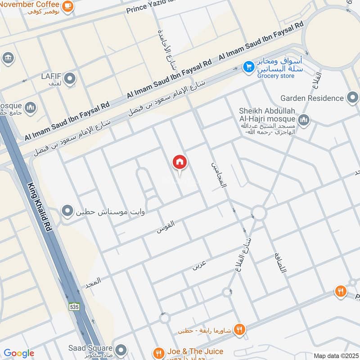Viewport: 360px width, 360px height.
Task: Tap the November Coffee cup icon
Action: tap(68, 6)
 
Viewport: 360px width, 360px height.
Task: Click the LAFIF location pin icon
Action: tap(69, 79)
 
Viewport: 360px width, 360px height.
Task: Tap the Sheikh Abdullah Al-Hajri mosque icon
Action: tap(304, 119)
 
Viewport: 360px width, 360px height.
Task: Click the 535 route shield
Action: tap(74, 306)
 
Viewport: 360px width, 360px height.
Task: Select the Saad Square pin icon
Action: tap(120, 350)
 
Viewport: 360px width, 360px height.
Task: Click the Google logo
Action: tap(19, 353)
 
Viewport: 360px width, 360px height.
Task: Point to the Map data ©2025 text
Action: tap(336, 355)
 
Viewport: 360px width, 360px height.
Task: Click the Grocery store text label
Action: tap(276, 76)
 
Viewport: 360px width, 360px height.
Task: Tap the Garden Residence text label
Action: tap(312, 98)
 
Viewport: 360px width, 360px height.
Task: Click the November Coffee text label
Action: tap(30, 5)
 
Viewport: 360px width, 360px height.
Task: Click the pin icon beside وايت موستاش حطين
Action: tap(67, 211)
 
